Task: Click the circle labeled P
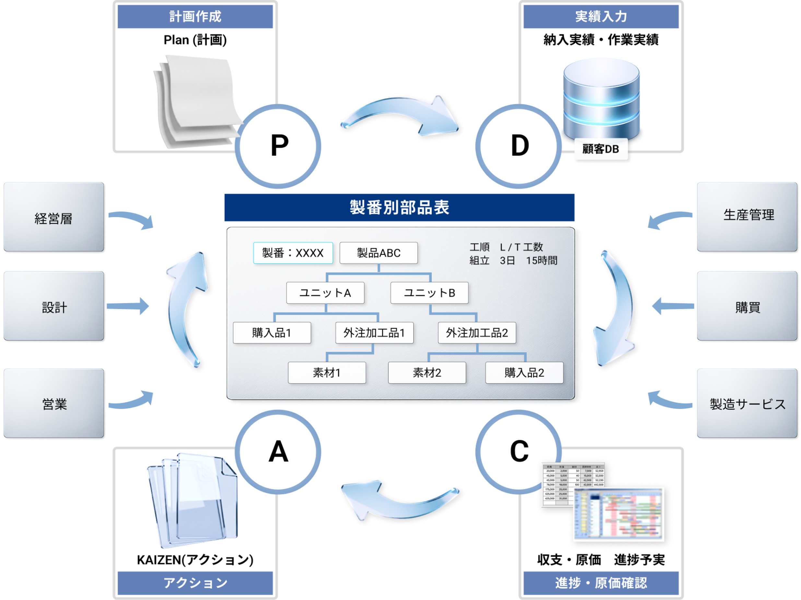coord(278,146)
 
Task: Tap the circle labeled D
coord(519,146)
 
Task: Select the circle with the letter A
coord(278,452)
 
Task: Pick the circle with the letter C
coord(519,452)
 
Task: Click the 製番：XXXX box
coord(293,253)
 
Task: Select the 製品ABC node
coord(378,253)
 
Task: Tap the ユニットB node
coord(429,293)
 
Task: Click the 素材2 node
coord(427,372)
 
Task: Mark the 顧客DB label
coord(601,149)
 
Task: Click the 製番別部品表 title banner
coord(399,207)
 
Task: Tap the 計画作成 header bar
coord(195,16)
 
